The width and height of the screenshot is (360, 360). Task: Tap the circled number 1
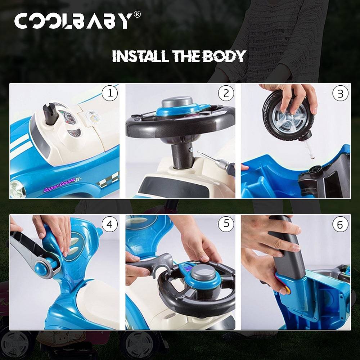(110, 94)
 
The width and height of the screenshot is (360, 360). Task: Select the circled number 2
(226, 94)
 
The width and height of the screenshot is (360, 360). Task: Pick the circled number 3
(340, 94)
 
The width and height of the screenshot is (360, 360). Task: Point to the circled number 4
(110, 225)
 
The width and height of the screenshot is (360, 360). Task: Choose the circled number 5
(226, 224)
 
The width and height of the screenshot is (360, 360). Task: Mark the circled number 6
(340, 225)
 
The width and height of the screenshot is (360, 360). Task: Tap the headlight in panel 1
(17, 189)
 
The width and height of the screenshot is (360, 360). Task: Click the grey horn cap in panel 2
(177, 101)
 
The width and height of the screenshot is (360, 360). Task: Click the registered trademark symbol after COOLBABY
(137, 15)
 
